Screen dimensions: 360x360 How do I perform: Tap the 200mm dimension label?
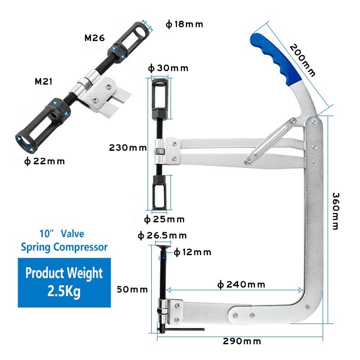(302, 60)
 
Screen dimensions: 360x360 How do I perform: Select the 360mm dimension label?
(336, 211)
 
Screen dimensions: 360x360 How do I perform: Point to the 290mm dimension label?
(242, 341)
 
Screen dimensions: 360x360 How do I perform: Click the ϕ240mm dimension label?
(241, 285)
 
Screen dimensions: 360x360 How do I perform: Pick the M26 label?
(94, 38)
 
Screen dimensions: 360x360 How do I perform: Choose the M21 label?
(44, 81)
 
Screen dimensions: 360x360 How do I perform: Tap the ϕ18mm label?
(184, 24)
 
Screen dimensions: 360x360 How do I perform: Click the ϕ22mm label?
(44, 162)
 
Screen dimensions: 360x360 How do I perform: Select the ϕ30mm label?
(168, 68)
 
